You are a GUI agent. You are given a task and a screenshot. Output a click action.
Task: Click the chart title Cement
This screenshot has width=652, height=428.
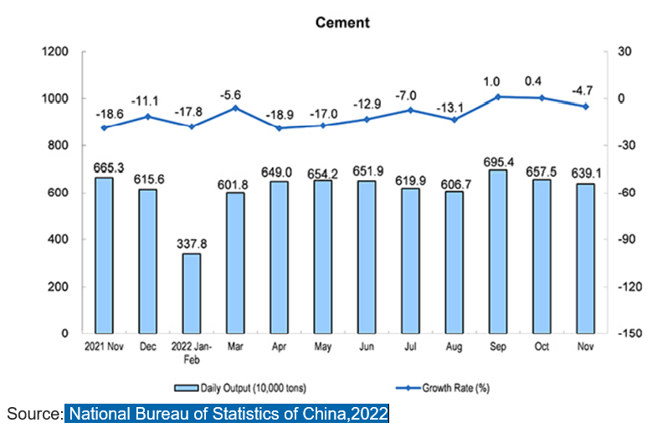click(342, 23)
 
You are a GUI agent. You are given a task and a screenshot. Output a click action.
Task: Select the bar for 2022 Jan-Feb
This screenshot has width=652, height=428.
click(192, 293)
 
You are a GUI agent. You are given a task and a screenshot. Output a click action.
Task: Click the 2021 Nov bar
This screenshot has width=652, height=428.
click(104, 255)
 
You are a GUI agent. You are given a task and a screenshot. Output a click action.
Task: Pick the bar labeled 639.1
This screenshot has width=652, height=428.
click(584, 258)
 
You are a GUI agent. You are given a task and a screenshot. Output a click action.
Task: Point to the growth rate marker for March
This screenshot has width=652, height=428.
click(235, 108)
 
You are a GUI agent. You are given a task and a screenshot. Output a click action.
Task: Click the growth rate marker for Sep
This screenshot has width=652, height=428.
click(497, 97)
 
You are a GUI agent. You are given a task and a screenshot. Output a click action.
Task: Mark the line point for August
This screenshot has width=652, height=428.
click(454, 120)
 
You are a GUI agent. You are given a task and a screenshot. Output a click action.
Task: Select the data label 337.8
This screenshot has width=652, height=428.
click(192, 244)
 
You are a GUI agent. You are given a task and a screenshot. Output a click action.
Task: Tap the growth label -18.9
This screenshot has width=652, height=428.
click(279, 114)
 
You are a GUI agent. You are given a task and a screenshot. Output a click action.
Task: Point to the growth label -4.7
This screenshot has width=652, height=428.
click(584, 90)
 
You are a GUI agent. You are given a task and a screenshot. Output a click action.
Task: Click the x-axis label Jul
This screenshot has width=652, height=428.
click(410, 344)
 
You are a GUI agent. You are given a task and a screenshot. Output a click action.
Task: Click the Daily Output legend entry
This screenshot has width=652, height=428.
click(240, 388)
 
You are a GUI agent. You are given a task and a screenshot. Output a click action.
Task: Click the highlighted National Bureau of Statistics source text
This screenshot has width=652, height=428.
click(227, 414)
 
